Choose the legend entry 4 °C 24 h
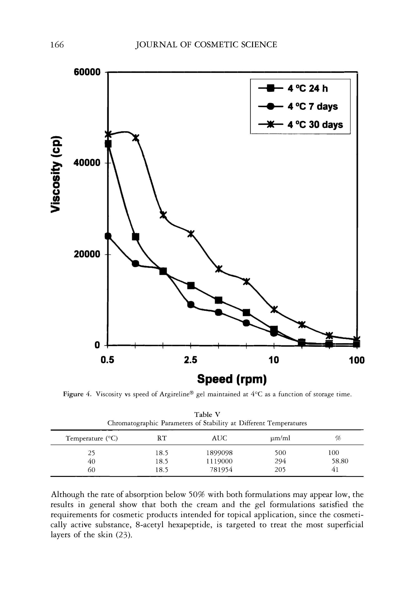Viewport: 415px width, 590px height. tap(308, 89)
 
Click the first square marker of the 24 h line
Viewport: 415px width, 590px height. tap(108, 144)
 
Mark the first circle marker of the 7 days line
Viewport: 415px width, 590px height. tap(108, 236)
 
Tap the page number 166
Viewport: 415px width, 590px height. tap(57, 45)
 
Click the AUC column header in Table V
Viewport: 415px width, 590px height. tap(220, 438)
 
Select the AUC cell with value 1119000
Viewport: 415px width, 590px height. tap(220, 461)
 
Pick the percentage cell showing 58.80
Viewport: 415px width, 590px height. tap(340, 461)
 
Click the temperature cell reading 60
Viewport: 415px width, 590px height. tap(91, 470)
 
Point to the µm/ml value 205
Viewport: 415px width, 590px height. tap(280, 470)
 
